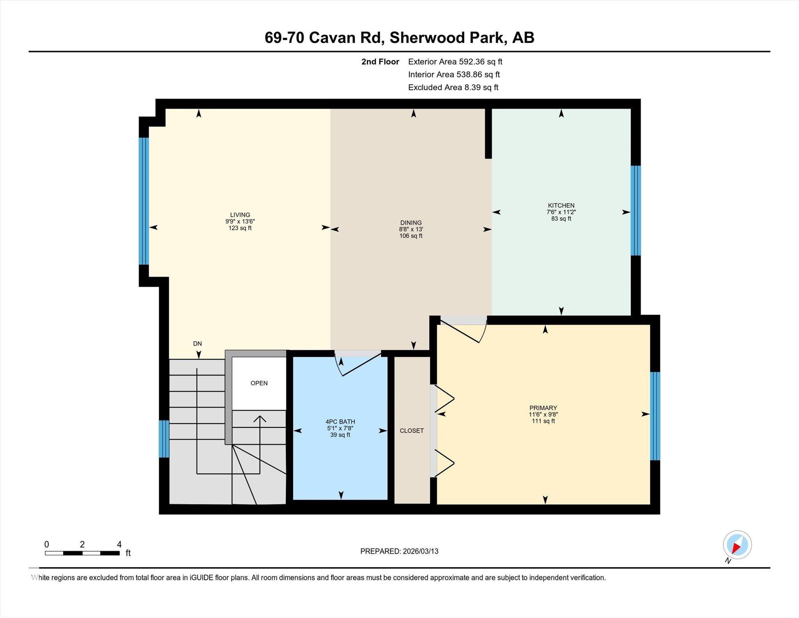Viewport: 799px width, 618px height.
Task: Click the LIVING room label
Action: (240, 215)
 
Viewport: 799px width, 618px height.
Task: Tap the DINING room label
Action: (411, 223)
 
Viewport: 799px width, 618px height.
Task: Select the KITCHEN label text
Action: (561, 206)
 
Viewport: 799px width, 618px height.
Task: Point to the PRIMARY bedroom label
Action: (543, 408)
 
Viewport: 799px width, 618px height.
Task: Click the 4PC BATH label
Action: (340, 422)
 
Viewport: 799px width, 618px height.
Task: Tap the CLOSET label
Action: (412, 431)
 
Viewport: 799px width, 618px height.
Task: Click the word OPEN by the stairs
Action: (259, 383)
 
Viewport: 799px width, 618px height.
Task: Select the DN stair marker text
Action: (197, 344)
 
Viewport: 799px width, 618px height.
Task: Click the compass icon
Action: (737, 545)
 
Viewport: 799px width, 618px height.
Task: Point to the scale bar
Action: (82, 553)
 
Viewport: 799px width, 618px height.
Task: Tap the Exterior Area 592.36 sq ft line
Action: (455, 62)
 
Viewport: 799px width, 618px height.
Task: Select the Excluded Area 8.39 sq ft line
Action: (453, 87)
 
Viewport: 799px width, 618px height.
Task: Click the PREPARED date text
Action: (399, 551)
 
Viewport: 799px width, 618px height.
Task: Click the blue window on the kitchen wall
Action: (636, 210)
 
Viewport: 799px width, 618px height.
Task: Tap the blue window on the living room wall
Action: (144, 201)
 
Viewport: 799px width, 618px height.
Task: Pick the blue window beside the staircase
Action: (164, 438)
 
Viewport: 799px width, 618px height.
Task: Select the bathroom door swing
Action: (357, 363)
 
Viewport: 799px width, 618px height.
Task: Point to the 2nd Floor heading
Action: (380, 62)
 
